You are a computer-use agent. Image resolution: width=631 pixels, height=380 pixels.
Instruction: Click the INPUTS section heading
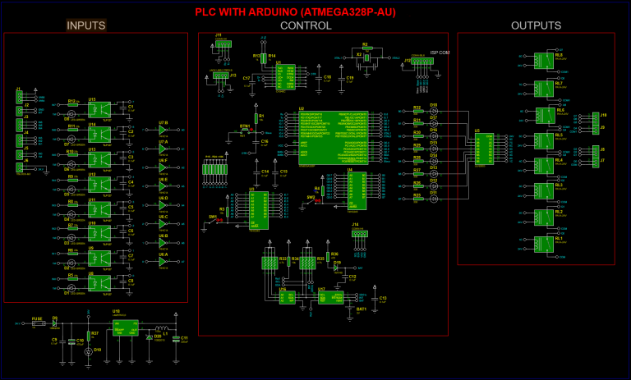pyautogui.click(x=85, y=25)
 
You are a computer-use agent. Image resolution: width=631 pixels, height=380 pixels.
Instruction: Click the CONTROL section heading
pyautogui.click(x=306, y=25)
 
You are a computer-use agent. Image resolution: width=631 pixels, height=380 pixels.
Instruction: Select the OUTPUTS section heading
pyautogui.click(x=536, y=25)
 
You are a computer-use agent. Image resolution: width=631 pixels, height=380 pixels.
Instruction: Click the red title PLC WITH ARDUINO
pyautogui.click(x=315, y=11)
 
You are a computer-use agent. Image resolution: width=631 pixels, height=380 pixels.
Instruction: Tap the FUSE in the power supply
pyautogui.click(x=36, y=324)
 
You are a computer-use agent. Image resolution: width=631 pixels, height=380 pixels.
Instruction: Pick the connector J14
pyautogui.click(x=356, y=234)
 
